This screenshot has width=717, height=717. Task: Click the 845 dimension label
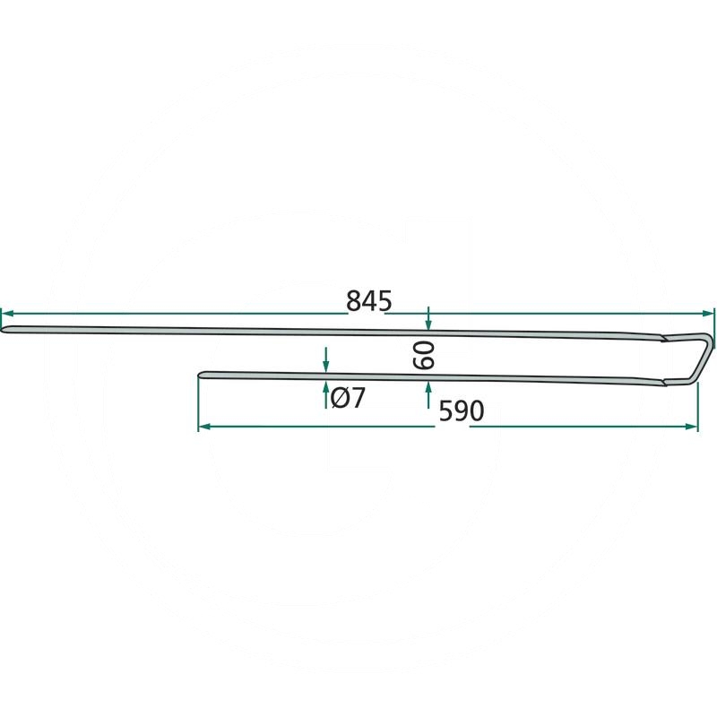[369, 301]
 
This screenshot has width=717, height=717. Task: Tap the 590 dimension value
[462, 411]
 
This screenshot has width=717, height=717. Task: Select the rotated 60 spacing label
[423, 356]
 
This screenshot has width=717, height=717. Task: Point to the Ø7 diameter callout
[348, 397]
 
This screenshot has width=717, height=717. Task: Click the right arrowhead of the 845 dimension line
[708, 314]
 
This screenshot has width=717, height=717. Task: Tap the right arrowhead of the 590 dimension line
[692, 427]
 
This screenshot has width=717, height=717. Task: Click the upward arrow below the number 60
[428, 395]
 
